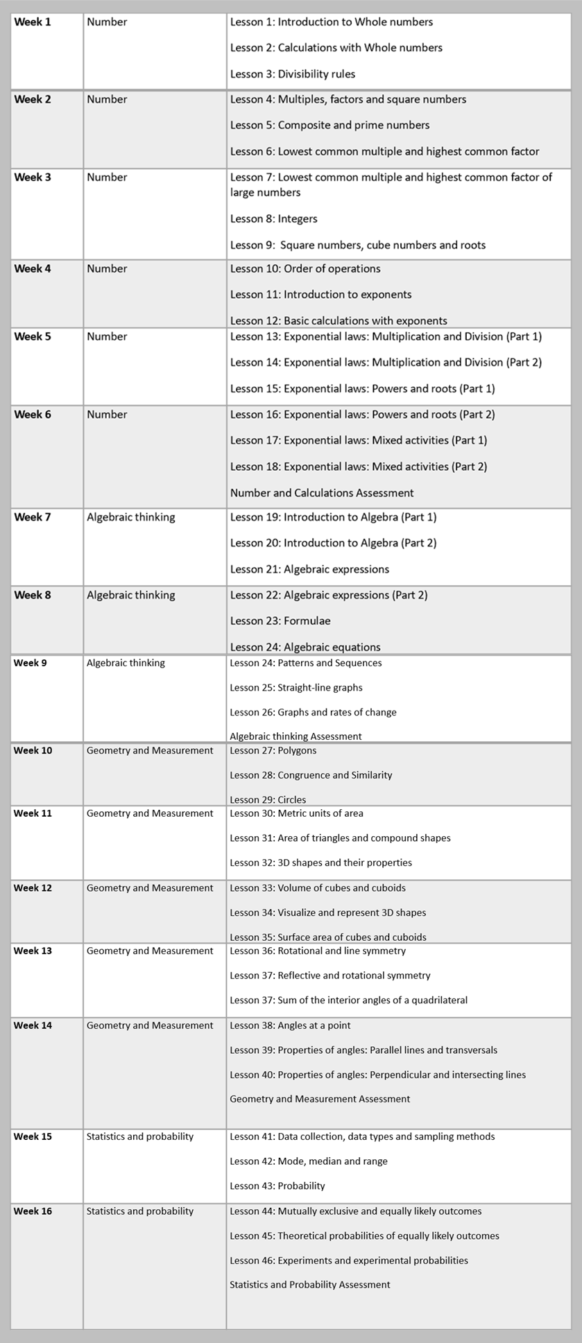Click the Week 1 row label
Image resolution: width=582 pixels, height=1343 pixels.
[32, 22]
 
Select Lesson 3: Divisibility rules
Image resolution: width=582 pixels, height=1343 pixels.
[293, 73]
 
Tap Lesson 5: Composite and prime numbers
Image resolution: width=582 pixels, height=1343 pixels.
[329, 125]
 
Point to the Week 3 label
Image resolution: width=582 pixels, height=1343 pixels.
[32, 177]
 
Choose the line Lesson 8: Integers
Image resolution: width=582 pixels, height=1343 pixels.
[273, 219]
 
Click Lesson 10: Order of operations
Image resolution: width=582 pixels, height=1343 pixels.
[305, 268]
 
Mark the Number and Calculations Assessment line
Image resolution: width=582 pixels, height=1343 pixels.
[322, 493]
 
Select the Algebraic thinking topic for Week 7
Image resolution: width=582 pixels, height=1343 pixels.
[130, 517]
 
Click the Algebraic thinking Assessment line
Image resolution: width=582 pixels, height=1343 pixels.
[296, 736]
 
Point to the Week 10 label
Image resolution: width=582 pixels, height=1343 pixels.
[33, 750]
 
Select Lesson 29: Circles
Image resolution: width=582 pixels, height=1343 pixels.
[268, 799]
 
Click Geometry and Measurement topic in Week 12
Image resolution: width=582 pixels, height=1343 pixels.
[150, 888]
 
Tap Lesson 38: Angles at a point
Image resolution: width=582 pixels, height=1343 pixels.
[290, 1025]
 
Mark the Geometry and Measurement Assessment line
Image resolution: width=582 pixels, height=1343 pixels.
[320, 1099]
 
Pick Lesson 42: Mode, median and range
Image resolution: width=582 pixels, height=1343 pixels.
[309, 1161]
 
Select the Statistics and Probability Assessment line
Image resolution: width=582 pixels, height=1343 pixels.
[309, 1285]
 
